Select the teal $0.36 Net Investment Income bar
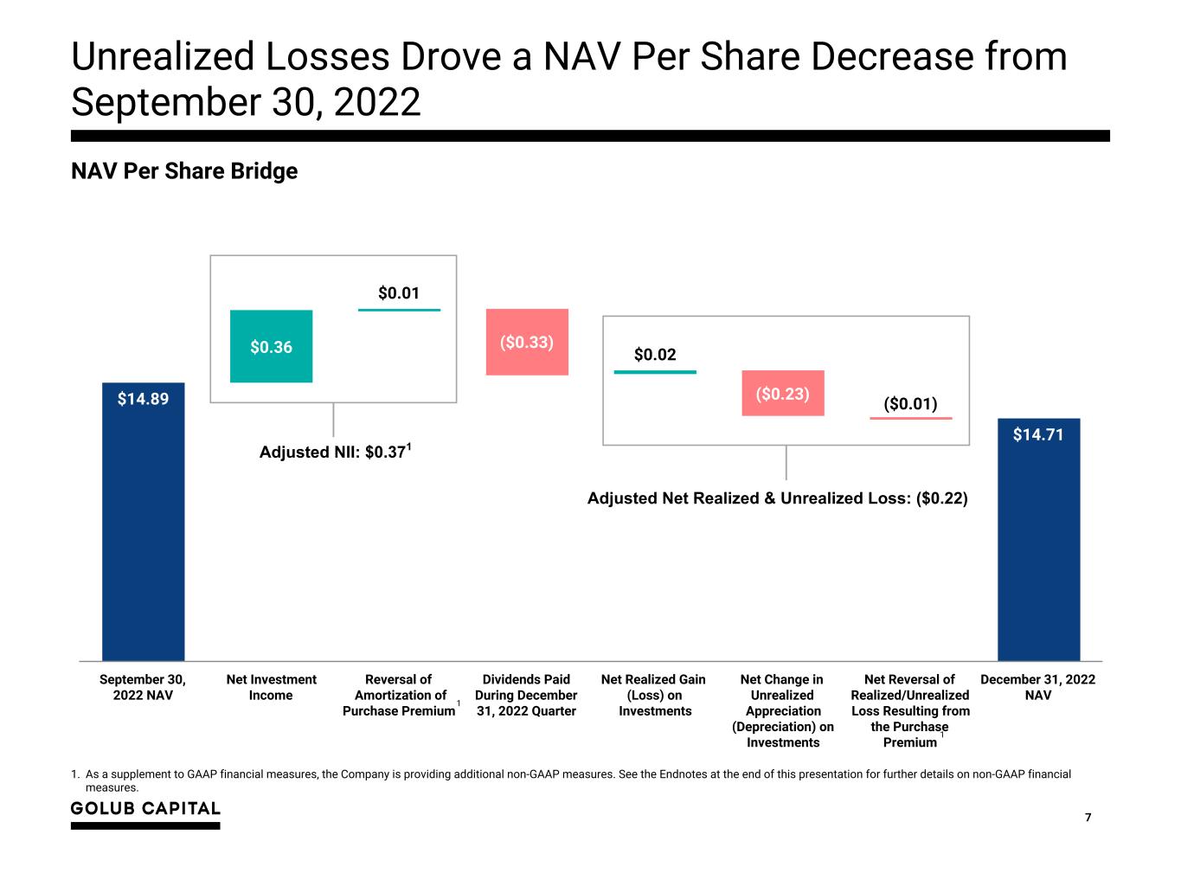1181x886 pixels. [x=271, y=346]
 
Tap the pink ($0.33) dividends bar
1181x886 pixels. [x=527, y=342]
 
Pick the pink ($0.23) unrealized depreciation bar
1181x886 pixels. [x=782, y=394]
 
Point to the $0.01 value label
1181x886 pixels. [x=399, y=293]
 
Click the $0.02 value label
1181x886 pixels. [x=655, y=355]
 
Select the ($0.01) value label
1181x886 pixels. [x=910, y=404]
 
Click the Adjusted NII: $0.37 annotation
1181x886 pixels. [x=334, y=452]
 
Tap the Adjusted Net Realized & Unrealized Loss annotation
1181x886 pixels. [x=777, y=498]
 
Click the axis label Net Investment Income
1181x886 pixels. [x=271, y=687]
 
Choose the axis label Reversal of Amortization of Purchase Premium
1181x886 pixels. [x=399, y=695]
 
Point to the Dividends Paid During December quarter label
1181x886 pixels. [x=526, y=695]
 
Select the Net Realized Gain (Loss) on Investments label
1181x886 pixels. [x=653, y=695]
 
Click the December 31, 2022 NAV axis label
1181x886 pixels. [x=1037, y=687]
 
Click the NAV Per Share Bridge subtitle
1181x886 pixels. [x=184, y=171]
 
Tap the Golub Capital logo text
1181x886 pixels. [x=145, y=808]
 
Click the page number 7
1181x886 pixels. [x=1088, y=818]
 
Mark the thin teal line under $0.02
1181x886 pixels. [x=655, y=372]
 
